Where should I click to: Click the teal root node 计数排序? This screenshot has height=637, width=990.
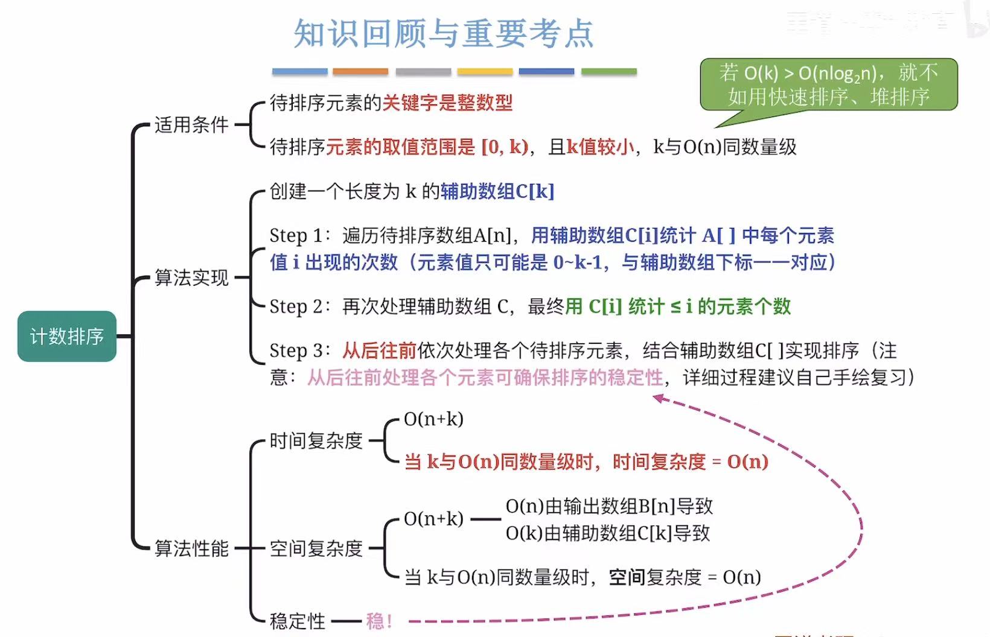tap(66, 336)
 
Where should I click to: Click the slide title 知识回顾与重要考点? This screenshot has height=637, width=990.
tap(444, 33)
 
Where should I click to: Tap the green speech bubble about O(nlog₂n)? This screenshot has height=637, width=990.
tap(828, 84)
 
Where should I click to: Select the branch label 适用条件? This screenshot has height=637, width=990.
tap(191, 125)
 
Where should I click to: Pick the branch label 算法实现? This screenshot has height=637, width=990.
tap(191, 277)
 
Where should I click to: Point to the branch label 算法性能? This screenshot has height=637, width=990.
tap(191, 548)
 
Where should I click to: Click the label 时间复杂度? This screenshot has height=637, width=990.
tap(316, 441)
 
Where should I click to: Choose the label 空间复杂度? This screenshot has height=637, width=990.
tap(316, 548)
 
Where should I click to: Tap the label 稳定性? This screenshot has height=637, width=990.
tap(297, 621)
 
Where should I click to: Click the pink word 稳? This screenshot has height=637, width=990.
tap(379, 621)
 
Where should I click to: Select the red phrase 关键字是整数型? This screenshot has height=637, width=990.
tap(447, 103)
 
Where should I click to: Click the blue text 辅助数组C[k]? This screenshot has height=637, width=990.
tap(497, 191)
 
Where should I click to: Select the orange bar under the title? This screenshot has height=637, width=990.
tap(360, 72)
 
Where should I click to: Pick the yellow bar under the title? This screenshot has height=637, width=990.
tap(485, 72)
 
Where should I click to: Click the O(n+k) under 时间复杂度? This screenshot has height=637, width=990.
tap(433, 419)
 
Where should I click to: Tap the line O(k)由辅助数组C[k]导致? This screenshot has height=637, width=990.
tap(607, 533)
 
